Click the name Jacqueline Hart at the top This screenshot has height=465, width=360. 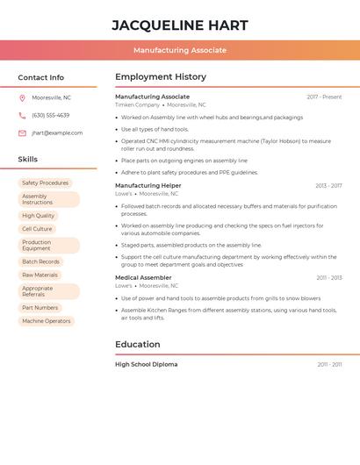180,25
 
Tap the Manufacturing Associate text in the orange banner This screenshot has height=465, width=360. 180,50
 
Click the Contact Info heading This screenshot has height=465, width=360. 41,77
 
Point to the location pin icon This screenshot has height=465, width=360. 22,97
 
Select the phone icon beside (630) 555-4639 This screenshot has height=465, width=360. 22,115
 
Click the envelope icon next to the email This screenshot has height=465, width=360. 22,133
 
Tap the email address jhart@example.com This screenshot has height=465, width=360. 57,133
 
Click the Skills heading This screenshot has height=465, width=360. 28,160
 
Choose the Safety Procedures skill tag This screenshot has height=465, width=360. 45,183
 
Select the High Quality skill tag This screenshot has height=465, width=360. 38,216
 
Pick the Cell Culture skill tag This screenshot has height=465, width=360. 37,229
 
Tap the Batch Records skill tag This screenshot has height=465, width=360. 40,261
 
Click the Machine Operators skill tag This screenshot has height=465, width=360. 46,321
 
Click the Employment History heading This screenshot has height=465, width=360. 161,77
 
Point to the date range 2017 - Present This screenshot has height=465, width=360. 324,97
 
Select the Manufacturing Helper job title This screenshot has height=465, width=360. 148,186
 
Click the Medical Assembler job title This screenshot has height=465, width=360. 143,278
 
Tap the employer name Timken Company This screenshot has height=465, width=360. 138,104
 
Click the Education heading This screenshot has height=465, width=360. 138,345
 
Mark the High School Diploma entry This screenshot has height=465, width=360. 147,364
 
